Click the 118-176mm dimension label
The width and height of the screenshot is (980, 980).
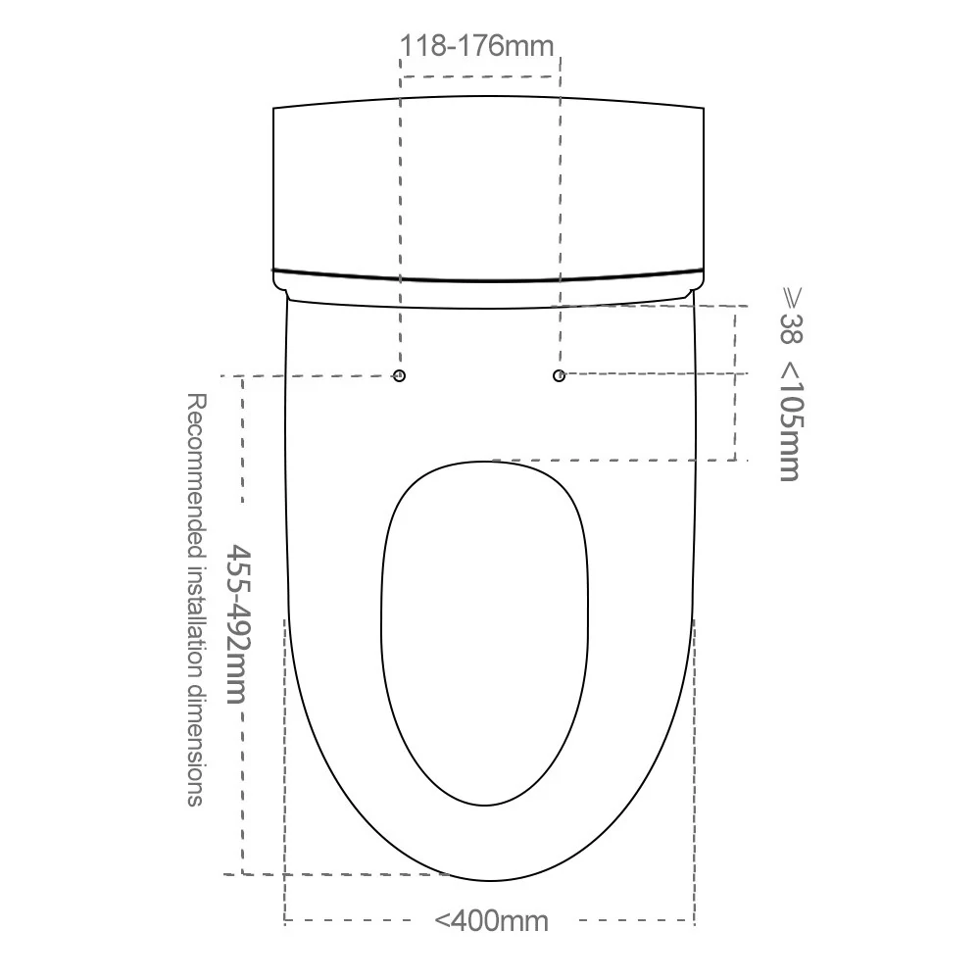pyautogui.click(x=476, y=46)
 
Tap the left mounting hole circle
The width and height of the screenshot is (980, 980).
pyautogui.click(x=400, y=375)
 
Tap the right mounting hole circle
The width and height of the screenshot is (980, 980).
pyautogui.click(x=559, y=375)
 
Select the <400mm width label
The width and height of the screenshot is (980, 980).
pyautogui.click(x=491, y=920)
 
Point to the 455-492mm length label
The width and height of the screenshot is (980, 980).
pyautogui.click(x=237, y=624)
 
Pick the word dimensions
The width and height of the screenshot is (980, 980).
pyautogui.click(x=196, y=748)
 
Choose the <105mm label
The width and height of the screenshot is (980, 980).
pyautogui.click(x=790, y=421)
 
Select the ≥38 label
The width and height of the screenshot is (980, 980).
pyautogui.click(x=791, y=316)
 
